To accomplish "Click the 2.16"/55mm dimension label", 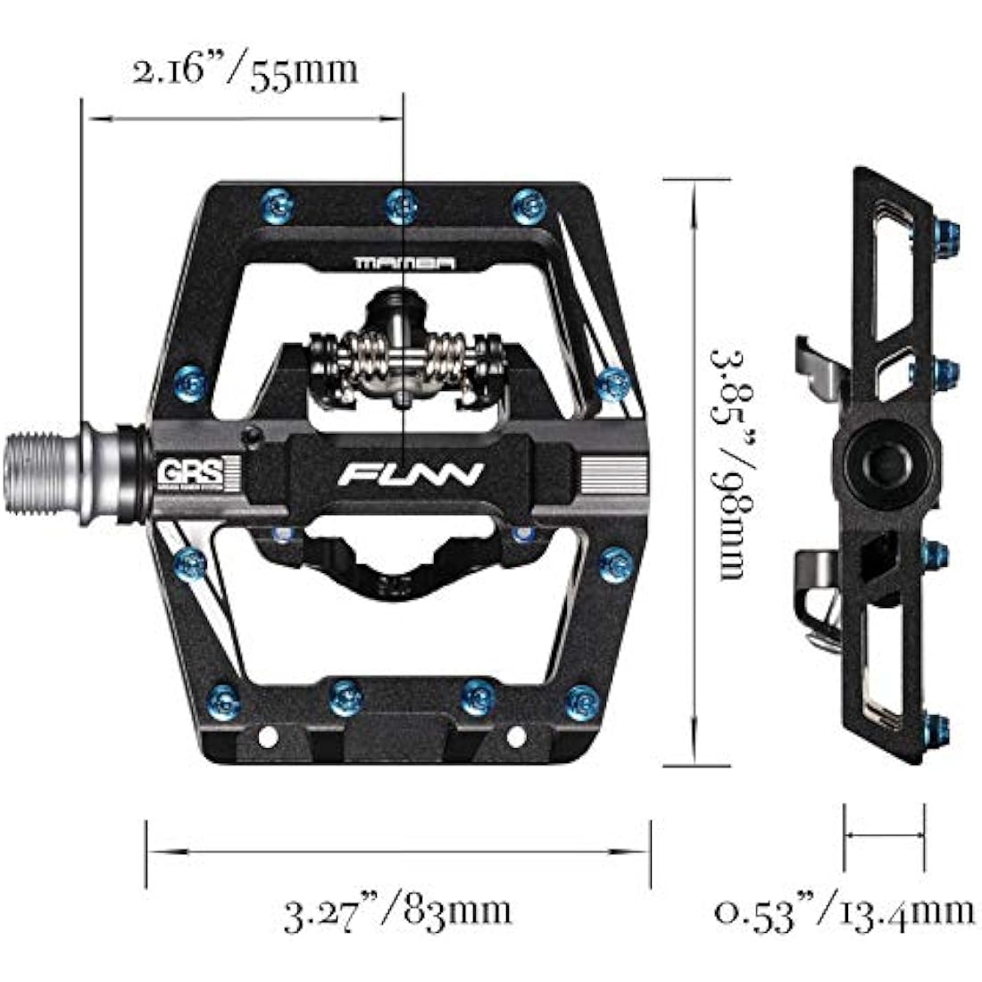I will point(245,70).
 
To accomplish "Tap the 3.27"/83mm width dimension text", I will point(398,911).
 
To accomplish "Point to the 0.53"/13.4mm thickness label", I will point(845,911).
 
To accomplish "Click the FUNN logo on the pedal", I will point(411,473).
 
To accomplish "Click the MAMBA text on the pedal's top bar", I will point(404,263).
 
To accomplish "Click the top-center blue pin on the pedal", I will point(401,206).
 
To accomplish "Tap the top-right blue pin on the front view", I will point(528,206).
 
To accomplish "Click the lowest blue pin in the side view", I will point(933,728).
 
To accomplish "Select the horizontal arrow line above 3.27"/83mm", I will point(398,853).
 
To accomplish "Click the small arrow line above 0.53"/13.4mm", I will point(884,836).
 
